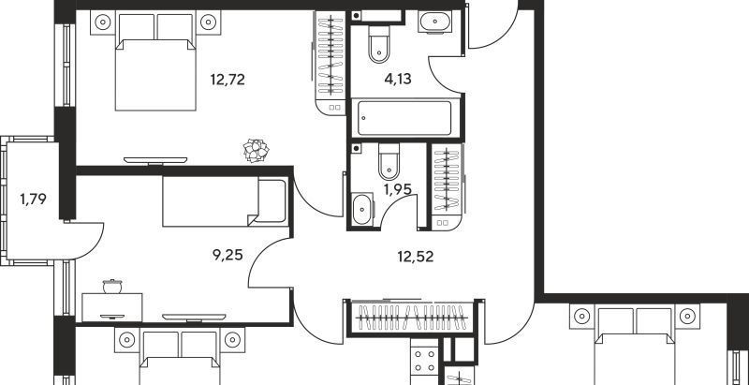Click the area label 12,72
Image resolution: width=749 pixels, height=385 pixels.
tap(228, 80)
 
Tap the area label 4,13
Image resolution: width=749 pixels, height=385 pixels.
tap(398, 79)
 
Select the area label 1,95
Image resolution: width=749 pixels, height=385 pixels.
tap(397, 189)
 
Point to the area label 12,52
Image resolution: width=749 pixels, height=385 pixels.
tap(415, 257)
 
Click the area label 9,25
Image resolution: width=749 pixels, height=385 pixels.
tap(228, 255)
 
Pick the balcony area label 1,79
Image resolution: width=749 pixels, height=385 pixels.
tap(33, 199)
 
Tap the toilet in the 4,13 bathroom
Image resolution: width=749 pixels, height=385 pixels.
tap(379, 44)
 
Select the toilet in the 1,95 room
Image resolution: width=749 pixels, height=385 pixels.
tap(389, 161)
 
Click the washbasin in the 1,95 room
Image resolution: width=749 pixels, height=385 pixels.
tap(362, 209)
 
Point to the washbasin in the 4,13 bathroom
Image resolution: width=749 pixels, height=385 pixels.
tap(434, 22)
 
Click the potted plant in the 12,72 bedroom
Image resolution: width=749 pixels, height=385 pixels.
tap(256, 150)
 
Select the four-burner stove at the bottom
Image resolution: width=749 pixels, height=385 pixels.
tap(424, 362)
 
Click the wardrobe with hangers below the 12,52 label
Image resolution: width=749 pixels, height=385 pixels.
tap(413, 317)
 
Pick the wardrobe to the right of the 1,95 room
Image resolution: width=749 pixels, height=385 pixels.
tap(447, 186)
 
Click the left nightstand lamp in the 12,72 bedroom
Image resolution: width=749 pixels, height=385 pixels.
tap(103, 22)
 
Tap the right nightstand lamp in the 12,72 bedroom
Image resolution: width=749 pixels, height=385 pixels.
tap(208, 22)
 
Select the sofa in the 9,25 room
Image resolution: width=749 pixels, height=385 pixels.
tap(226, 200)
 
